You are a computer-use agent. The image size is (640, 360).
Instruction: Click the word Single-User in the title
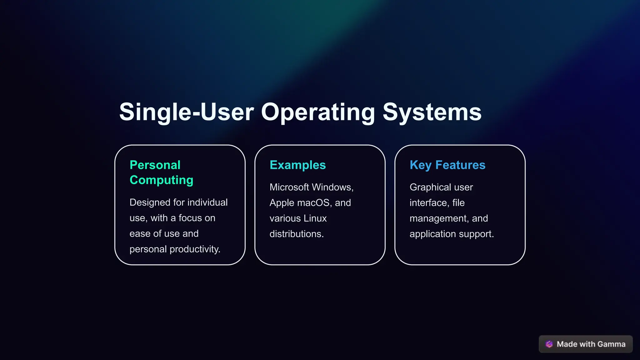[x=186, y=112]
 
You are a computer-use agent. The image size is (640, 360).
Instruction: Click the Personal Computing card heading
[x=161, y=172]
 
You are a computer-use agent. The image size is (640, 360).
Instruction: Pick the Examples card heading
[x=297, y=165]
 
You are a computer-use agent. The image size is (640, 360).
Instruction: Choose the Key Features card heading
[x=447, y=165]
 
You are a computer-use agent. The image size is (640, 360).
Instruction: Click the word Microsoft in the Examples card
[x=289, y=187]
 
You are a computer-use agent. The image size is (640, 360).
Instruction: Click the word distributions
[x=296, y=234]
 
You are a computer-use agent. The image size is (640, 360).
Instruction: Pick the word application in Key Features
[x=432, y=234]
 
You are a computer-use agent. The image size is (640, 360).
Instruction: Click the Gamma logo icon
[x=549, y=344]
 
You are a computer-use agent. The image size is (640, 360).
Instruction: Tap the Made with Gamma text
[x=591, y=344]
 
